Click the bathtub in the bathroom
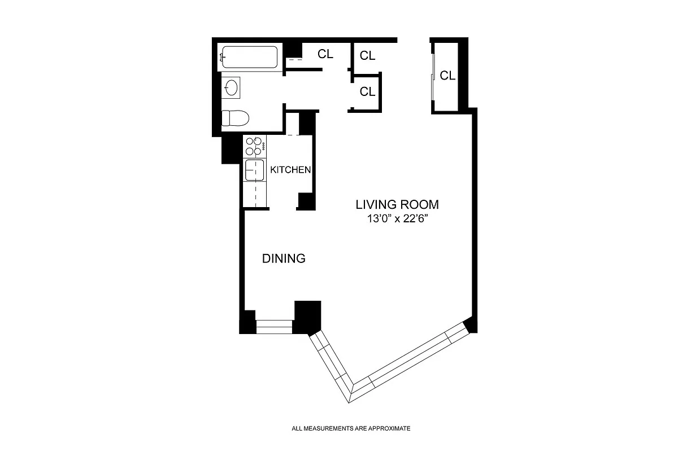[x=249, y=57]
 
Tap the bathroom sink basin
[x=231, y=87]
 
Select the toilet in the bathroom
[x=235, y=118]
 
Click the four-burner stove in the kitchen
[x=254, y=146]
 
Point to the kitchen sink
[x=254, y=170]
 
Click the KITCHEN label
[x=290, y=170]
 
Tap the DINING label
[x=284, y=258]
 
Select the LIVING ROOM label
[x=397, y=205]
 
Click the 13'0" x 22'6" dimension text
[x=397, y=218]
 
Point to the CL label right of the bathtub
[x=325, y=54]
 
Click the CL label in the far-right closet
[x=447, y=76]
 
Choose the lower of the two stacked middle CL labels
[x=367, y=91]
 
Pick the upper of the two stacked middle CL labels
[x=367, y=56]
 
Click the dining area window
[x=274, y=327]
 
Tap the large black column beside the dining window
[x=308, y=318]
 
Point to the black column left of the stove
[x=232, y=150]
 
